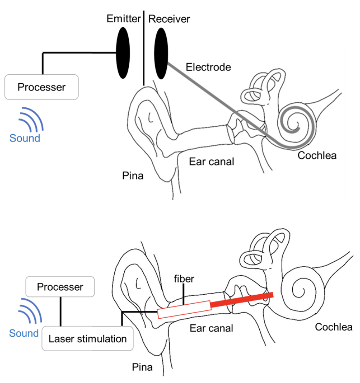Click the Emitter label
coord(124,19)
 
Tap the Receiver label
coord(169,19)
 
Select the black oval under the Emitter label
coord(123,53)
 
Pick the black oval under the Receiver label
coord(161,53)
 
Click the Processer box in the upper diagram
coord(42,87)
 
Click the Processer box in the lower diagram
coord(60,287)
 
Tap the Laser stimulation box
coord(88,339)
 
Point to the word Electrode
coord(208,67)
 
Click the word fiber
coord(184,279)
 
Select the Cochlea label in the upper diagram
coord(317,155)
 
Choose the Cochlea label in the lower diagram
coord(334,327)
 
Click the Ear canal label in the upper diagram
coord(212,161)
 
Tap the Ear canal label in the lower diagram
coord(211,328)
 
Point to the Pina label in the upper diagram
coord(133,176)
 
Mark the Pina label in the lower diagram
coord(142,367)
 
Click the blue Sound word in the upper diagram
coord(25,138)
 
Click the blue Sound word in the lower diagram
coord(24,333)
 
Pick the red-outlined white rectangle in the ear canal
coord(184,310)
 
